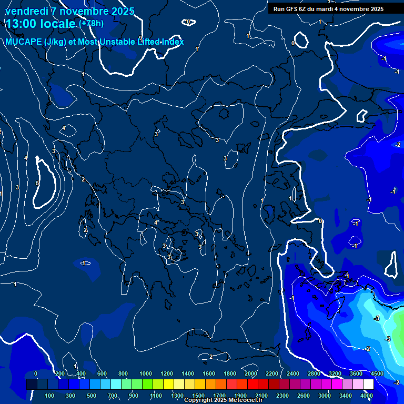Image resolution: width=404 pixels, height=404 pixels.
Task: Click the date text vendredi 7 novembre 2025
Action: point(70,11)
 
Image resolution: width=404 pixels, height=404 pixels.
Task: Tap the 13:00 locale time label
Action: point(41,24)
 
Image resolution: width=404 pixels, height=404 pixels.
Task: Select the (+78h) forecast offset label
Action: point(91,24)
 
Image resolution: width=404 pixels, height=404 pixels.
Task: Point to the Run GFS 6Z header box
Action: point(328,9)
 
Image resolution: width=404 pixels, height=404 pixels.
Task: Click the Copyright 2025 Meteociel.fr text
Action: point(223,400)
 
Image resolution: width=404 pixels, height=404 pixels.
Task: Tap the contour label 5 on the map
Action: point(37,183)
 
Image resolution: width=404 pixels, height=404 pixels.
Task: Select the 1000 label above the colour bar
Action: point(146,373)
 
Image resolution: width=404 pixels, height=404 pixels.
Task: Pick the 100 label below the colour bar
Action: point(49,396)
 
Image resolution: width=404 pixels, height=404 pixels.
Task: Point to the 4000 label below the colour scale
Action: point(367,396)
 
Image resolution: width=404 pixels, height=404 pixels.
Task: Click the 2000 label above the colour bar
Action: point(251,373)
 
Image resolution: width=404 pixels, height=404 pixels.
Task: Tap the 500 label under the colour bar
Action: point(92,396)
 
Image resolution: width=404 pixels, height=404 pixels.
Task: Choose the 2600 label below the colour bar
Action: point(304,396)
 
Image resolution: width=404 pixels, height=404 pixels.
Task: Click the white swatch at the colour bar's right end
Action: point(368,385)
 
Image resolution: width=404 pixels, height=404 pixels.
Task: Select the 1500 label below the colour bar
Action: point(198,396)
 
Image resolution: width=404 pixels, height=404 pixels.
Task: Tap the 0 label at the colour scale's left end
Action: point(36,373)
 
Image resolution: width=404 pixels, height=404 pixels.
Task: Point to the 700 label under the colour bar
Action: point(113,396)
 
